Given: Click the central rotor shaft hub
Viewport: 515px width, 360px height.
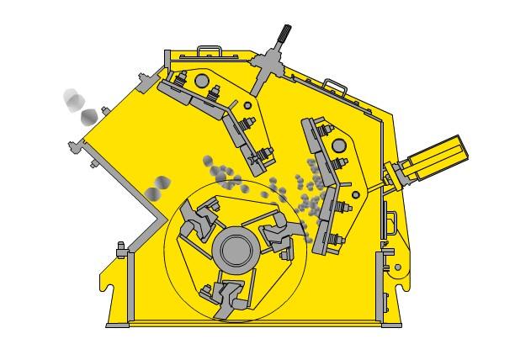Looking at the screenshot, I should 236,251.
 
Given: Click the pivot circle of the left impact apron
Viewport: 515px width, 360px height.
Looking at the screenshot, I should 201,81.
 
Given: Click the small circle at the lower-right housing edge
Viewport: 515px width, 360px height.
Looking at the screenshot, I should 397,267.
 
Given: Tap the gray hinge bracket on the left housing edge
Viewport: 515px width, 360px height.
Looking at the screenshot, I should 120,250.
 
